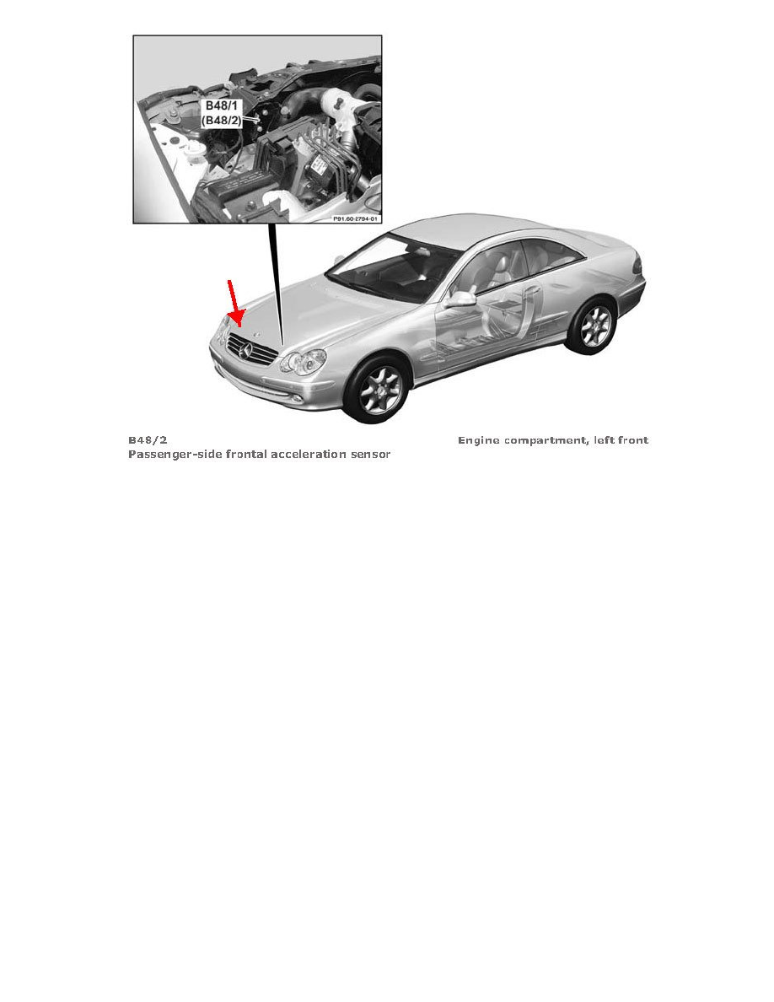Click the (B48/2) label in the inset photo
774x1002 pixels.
click(223, 121)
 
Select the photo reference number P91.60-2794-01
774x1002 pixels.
click(356, 218)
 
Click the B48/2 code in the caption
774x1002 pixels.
click(148, 440)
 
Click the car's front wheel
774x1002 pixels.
click(381, 392)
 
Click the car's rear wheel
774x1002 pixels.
click(595, 327)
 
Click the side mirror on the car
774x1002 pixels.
click(461, 299)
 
